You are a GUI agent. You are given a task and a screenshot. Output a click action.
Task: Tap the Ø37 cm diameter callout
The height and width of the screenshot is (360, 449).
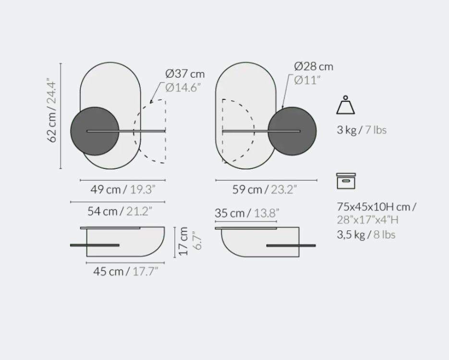coord(185,74)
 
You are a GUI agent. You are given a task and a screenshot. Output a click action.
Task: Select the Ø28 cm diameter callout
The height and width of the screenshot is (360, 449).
coord(314,67)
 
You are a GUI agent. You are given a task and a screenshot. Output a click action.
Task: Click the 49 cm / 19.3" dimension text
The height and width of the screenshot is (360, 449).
coord(123,190)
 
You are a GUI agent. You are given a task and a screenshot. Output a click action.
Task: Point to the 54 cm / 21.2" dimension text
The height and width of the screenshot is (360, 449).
coord(120,212)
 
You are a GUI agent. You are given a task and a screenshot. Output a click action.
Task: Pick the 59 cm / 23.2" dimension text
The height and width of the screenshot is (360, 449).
coord(264,190)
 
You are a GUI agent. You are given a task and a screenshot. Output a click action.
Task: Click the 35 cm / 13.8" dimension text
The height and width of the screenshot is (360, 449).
coord(247,213)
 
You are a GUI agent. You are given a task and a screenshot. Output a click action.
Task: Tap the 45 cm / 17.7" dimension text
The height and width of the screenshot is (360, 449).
coord(125,271)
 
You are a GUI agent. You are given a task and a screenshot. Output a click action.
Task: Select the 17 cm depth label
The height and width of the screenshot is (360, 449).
coord(183,241)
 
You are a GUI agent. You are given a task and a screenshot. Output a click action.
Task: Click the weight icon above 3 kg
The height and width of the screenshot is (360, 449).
coord(346,105)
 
